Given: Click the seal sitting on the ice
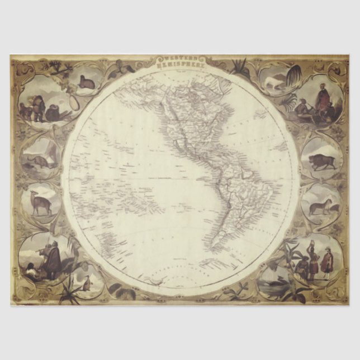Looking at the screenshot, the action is tap(87, 83).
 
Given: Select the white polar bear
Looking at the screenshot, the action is tap(274, 83).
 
